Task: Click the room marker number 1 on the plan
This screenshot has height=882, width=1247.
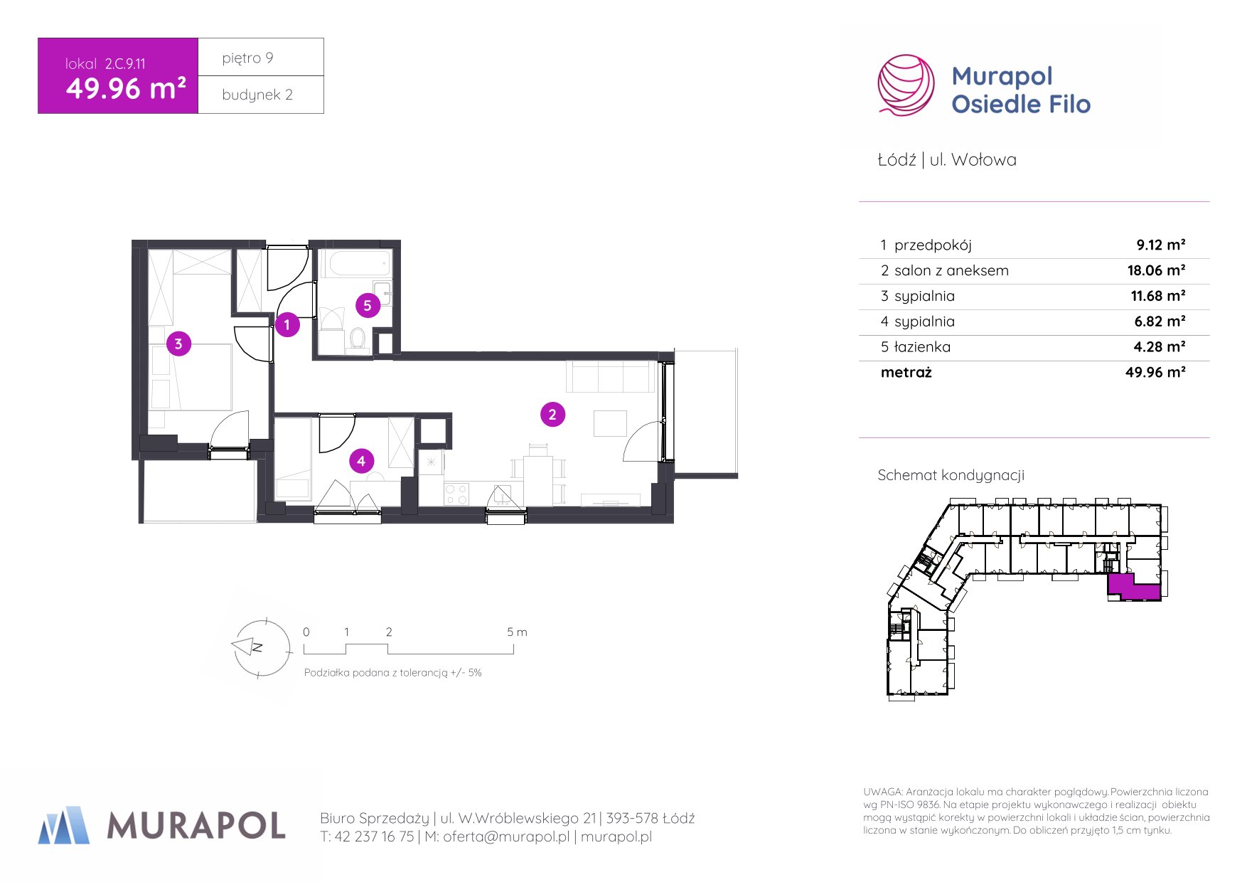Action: (x=287, y=325)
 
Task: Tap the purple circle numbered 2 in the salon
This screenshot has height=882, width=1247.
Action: (x=552, y=414)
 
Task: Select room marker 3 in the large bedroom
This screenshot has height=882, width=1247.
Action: (x=178, y=344)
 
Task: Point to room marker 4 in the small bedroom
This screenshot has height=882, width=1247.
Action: (x=361, y=461)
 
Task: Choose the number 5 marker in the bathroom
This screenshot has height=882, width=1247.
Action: (x=368, y=306)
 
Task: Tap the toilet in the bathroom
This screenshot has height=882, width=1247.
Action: (x=358, y=339)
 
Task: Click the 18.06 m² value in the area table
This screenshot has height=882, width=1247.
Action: (x=1156, y=270)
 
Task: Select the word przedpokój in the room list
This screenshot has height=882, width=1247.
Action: (x=933, y=245)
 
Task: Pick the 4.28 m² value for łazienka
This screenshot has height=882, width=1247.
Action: (x=1160, y=347)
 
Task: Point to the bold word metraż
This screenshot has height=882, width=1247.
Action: (x=906, y=372)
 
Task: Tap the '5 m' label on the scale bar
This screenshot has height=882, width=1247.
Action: (x=517, y=632)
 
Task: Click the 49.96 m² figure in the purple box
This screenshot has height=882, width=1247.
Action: (x=127, y=89)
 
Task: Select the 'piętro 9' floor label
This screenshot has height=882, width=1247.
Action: (x=247, y=58)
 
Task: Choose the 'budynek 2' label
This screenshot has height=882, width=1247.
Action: (x=257, y=95)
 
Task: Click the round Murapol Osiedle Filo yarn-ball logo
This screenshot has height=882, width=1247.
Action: (x=906, y=85)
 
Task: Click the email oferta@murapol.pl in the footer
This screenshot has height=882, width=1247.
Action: (x=506, y=836)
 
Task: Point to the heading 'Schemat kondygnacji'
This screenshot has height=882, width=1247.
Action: (x=951, y=475)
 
